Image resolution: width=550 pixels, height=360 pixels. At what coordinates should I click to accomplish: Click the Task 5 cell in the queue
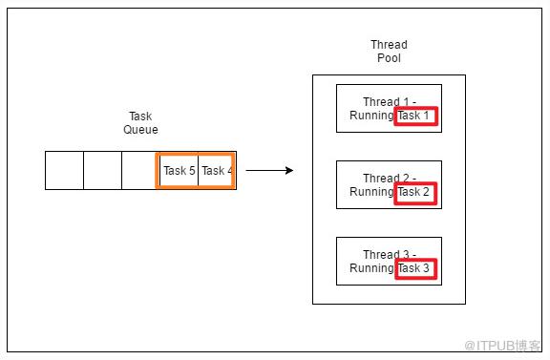(x=179, y=171)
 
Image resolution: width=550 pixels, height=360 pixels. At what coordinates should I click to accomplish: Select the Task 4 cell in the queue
(x=217, y=171)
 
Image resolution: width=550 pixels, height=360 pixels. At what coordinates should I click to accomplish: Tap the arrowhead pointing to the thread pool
(x=289, y=171)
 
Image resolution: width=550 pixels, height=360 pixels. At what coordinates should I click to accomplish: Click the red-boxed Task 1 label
(x=416, y=116)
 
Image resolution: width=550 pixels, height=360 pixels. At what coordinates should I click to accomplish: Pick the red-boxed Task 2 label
(x=416, y=193)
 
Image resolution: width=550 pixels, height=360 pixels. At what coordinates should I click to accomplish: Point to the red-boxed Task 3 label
(x=416, y=268)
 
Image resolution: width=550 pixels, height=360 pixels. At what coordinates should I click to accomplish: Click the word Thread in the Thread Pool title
(x=389, y=45)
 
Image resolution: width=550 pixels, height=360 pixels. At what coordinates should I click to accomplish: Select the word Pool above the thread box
(x=389, y=58)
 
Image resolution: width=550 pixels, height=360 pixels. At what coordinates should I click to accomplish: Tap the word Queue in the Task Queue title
(x=140, y=130)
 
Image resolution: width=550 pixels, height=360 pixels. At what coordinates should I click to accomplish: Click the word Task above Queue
(x=140, y=116)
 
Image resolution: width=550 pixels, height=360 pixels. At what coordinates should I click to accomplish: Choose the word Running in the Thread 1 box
(x=371, y=116)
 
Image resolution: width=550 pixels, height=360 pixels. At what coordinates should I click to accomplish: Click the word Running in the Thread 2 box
(x=371, y=192)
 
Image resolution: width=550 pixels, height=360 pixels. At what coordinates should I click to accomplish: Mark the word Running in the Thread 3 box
(x=371, y=268)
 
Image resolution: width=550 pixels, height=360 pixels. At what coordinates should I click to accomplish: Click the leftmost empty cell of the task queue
(x=65, y=171)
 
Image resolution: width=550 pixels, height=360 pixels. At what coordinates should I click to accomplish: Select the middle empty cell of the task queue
(x=103, y=171)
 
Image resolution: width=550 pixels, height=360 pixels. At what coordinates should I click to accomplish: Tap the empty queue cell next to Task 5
(x=139, y=171)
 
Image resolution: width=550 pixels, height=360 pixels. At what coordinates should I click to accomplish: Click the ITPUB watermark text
(x=502, y=346)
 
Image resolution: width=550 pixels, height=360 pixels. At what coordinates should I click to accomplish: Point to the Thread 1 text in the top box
(x=390, y=102)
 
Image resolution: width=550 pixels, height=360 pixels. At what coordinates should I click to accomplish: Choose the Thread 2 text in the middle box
(x=390, y=179)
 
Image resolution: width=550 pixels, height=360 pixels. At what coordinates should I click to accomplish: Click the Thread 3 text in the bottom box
(x=390, y=254)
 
